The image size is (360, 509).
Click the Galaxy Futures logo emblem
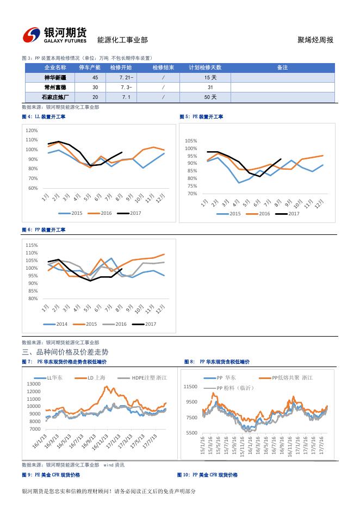click(32, 35)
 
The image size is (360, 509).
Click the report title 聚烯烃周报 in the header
click(315, 40)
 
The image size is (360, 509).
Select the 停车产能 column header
click(90, 67)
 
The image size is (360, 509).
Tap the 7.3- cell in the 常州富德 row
click(126, 88)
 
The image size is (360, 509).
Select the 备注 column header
click(282, 67)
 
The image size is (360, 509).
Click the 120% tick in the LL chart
click(32, 131)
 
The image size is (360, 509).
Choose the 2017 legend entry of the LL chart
click(133, 213)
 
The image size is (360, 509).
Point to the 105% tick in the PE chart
click(191, 141)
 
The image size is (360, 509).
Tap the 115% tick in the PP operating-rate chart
click(32, 245)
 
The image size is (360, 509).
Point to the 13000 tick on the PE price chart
click(33, 384)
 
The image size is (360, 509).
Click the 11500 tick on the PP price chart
click(190, 387)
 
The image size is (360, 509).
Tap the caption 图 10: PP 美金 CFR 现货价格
click(207, 475)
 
